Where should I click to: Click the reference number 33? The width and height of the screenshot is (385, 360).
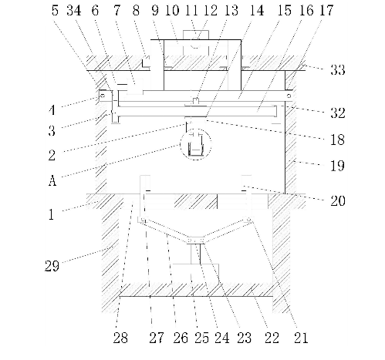(337, 69)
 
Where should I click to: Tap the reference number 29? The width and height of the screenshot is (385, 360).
(52, 266)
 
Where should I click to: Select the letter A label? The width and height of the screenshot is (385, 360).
(52, 180)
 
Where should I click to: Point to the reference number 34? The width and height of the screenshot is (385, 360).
(74, 11)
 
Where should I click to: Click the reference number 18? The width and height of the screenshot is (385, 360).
(337, 140)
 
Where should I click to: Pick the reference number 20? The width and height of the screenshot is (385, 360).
(338, 200)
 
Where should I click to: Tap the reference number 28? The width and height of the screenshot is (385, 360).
(120, 338)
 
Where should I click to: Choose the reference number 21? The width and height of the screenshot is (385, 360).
(301, 338)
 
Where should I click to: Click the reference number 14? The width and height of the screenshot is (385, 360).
(257, 11)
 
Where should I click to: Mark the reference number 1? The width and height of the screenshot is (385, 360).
(52, 214)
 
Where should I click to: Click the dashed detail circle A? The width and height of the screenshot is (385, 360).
(196, 144)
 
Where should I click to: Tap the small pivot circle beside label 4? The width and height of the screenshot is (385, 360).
(102, 96)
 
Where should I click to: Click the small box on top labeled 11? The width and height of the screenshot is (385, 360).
(196, 35)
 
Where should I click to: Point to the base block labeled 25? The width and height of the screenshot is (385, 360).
(196, 274)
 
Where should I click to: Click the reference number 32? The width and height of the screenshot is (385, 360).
(337, 113)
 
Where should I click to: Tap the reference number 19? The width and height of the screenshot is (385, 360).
(337, 166)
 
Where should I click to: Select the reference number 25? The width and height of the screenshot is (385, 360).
(201, 338)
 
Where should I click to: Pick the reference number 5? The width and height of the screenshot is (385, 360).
(55, 11)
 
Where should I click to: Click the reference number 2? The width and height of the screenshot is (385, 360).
(52, 156)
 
